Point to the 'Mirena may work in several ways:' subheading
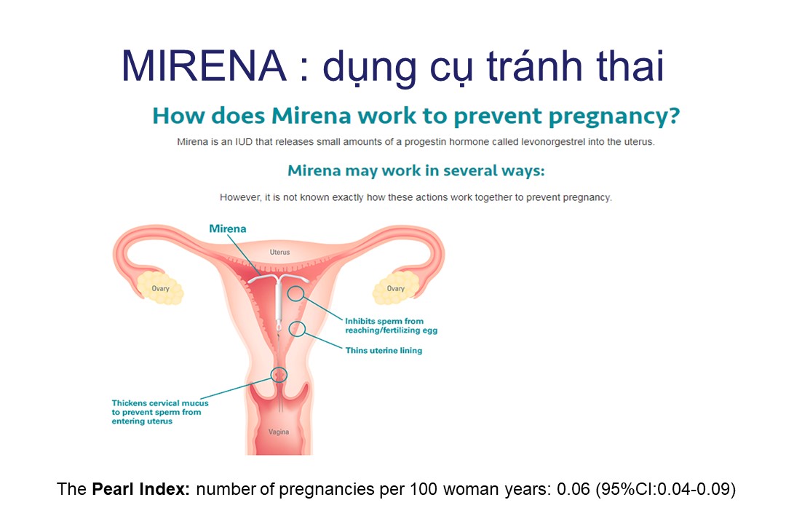click(x=416, y=171)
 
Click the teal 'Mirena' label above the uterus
click(x=228, y=229)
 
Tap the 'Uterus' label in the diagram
click(x=279, y=253)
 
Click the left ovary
click(x=160, y=287)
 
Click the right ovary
click(x=395, y=287)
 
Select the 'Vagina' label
click(x=279, y=432)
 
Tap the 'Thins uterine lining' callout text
click(x=384, y=351)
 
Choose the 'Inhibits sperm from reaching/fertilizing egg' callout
click(x=391, y=325)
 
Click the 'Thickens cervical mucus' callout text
click(x=160, y=412)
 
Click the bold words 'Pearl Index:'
click(x=141, y=489)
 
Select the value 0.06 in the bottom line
click(x=573, y=489)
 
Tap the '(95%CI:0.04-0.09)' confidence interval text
click(x=666, y=489)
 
